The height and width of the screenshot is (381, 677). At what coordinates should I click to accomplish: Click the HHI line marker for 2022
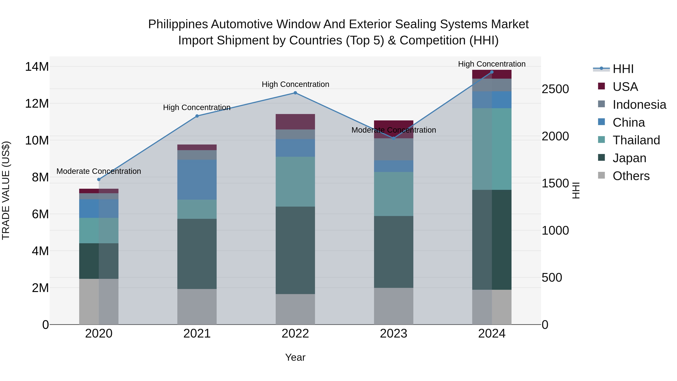(295, 93)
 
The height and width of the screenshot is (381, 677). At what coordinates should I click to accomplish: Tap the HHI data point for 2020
(99, 180)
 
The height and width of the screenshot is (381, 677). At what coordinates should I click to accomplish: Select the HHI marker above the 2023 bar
(393, 138)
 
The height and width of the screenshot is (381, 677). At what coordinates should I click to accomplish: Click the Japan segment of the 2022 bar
(295, 250)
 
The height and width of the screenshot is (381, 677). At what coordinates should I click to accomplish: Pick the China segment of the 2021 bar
(197, 180)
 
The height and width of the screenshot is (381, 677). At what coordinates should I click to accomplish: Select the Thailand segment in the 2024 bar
(492, 149)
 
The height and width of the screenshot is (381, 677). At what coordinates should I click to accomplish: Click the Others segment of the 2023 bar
(393, 306)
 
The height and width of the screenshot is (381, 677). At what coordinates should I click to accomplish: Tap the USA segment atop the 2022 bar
(295, 122)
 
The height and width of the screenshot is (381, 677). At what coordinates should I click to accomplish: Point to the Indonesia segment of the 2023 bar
(393, 149)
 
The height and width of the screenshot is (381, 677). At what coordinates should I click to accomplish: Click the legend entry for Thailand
(636, 140)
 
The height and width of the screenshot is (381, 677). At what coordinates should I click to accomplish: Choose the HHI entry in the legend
(623, 69)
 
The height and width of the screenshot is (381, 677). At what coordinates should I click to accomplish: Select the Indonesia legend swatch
(601, 104)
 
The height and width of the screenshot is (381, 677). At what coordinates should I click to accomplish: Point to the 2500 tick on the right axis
(555, 89)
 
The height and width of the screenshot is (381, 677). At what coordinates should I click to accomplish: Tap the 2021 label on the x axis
(197, 334)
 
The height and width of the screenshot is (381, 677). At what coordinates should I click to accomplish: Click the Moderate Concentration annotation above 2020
(99, 171)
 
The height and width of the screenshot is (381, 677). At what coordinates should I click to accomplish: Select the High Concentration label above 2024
(492, 64)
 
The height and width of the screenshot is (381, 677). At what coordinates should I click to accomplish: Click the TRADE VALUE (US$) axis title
(6, 190)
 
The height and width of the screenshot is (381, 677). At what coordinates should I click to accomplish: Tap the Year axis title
(295, 357)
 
